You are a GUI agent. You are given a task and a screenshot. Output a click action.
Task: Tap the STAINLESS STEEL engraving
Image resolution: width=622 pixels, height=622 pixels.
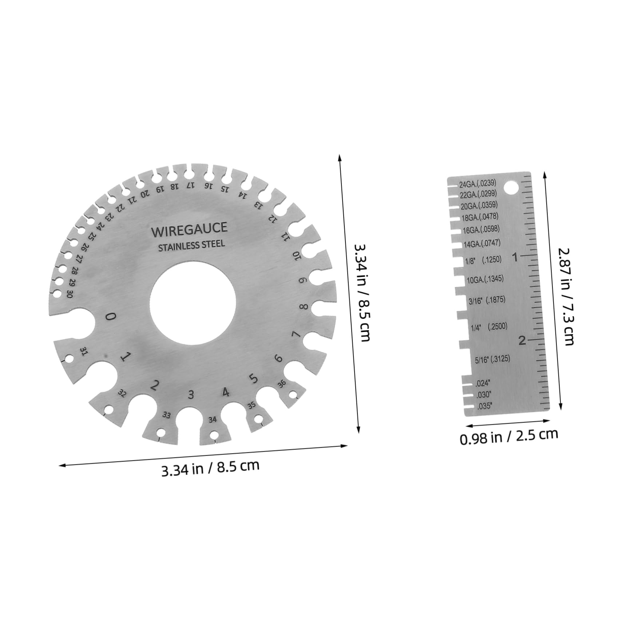(x=191, y=245)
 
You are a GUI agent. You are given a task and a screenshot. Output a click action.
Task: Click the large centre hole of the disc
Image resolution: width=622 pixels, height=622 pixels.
(x=193, y=302)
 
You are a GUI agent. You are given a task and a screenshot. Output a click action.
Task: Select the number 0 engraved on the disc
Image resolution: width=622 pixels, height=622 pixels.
(x=110, y=316)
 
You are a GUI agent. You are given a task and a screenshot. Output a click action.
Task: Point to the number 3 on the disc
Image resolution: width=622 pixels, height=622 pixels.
(x=191, y=395)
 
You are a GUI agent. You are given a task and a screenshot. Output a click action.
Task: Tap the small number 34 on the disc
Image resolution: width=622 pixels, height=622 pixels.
(x=213, y=420)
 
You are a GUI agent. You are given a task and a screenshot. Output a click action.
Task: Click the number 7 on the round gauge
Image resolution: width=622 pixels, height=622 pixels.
(x=296, y=334)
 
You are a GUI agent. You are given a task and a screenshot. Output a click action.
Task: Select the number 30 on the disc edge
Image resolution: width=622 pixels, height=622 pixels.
(x=70, y=294)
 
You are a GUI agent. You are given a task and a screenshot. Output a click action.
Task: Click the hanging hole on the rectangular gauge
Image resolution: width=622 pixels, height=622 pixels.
(x=511, y=188)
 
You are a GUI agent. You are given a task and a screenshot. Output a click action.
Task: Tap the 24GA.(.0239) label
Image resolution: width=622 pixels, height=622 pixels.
(x=477, y=183)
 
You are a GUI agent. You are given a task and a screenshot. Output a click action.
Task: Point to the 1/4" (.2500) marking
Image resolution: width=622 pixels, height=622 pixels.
(x=489, y=327)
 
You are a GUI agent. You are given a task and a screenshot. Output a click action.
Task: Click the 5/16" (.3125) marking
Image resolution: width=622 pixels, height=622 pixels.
(x=492, y=360)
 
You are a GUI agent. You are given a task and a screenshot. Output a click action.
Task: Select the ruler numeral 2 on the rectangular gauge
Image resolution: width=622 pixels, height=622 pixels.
(x=522, y=341)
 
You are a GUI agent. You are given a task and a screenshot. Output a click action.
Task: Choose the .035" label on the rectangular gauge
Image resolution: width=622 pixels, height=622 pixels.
(x=484, y=406)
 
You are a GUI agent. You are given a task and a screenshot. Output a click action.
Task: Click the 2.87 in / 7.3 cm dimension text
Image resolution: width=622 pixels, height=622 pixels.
(x=566, y=296)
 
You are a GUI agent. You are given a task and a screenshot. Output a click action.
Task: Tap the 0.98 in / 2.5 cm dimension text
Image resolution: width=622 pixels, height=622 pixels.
(x=508, y=436)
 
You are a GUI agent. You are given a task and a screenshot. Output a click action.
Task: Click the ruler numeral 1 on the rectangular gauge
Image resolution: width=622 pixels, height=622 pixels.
(x=515, y=257)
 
